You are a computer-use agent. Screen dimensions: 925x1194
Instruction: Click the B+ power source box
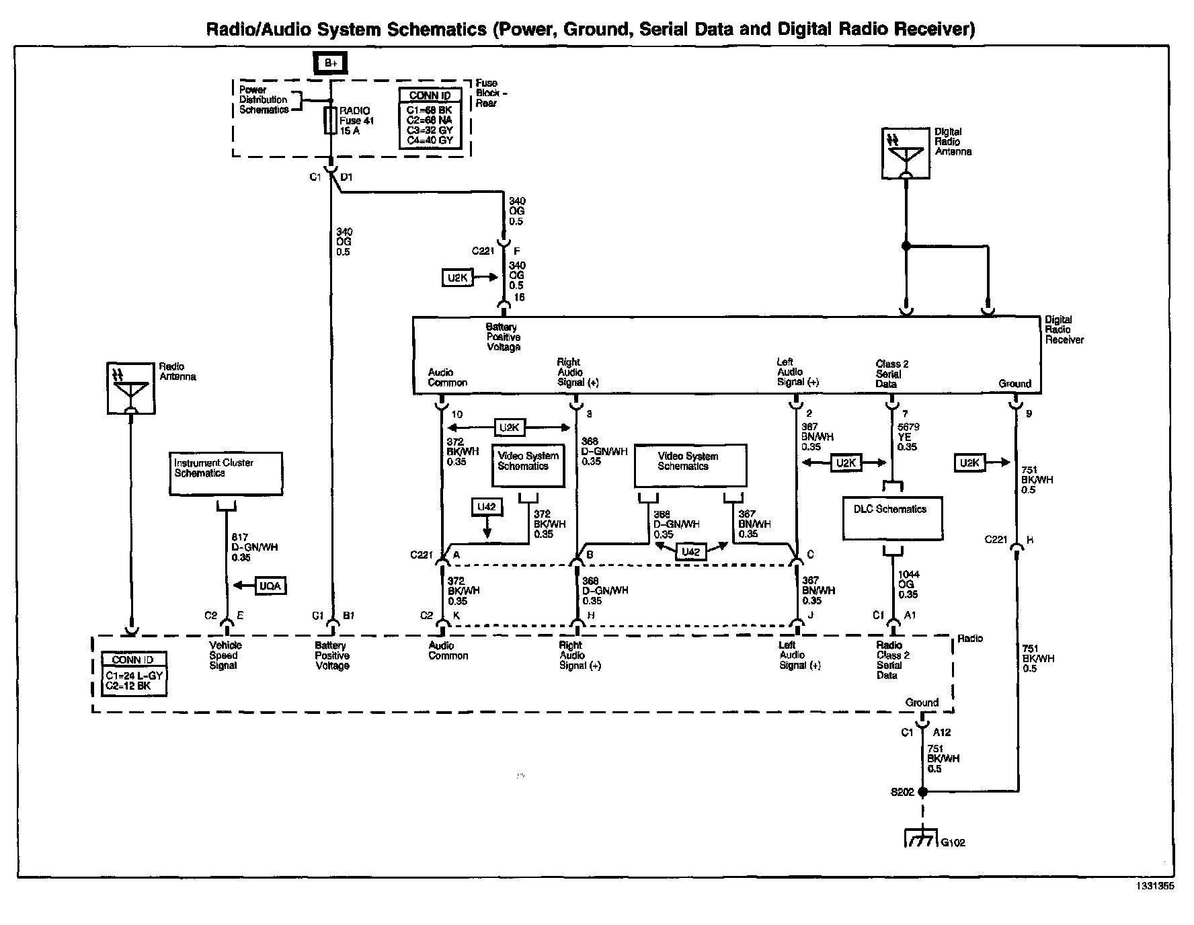click(330, 63)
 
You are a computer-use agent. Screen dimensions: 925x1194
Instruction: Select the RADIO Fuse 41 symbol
click(330, 120)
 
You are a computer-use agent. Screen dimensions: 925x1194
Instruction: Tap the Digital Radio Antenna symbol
click(906, 155)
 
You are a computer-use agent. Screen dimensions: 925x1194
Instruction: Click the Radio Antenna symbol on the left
click(131, 389)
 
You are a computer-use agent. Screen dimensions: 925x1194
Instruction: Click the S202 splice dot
click(923, 793)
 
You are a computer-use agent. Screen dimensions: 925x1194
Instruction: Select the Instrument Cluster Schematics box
click(225, 473)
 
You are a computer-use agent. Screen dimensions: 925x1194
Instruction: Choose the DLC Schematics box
click(892, 518)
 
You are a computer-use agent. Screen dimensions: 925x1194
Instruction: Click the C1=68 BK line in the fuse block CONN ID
click(430, 110)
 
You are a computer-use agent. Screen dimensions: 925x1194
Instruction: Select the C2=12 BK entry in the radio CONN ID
click(128, 686)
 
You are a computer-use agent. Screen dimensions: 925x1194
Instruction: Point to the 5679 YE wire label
click(908, 437)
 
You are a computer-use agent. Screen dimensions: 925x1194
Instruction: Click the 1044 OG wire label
click(908, 584)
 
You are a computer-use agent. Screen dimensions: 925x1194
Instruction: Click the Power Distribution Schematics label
click(264, 99)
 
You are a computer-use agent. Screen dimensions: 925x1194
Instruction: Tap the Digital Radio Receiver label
click(1064, 330)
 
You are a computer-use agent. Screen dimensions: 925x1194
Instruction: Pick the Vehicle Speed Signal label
click(224, 655)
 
